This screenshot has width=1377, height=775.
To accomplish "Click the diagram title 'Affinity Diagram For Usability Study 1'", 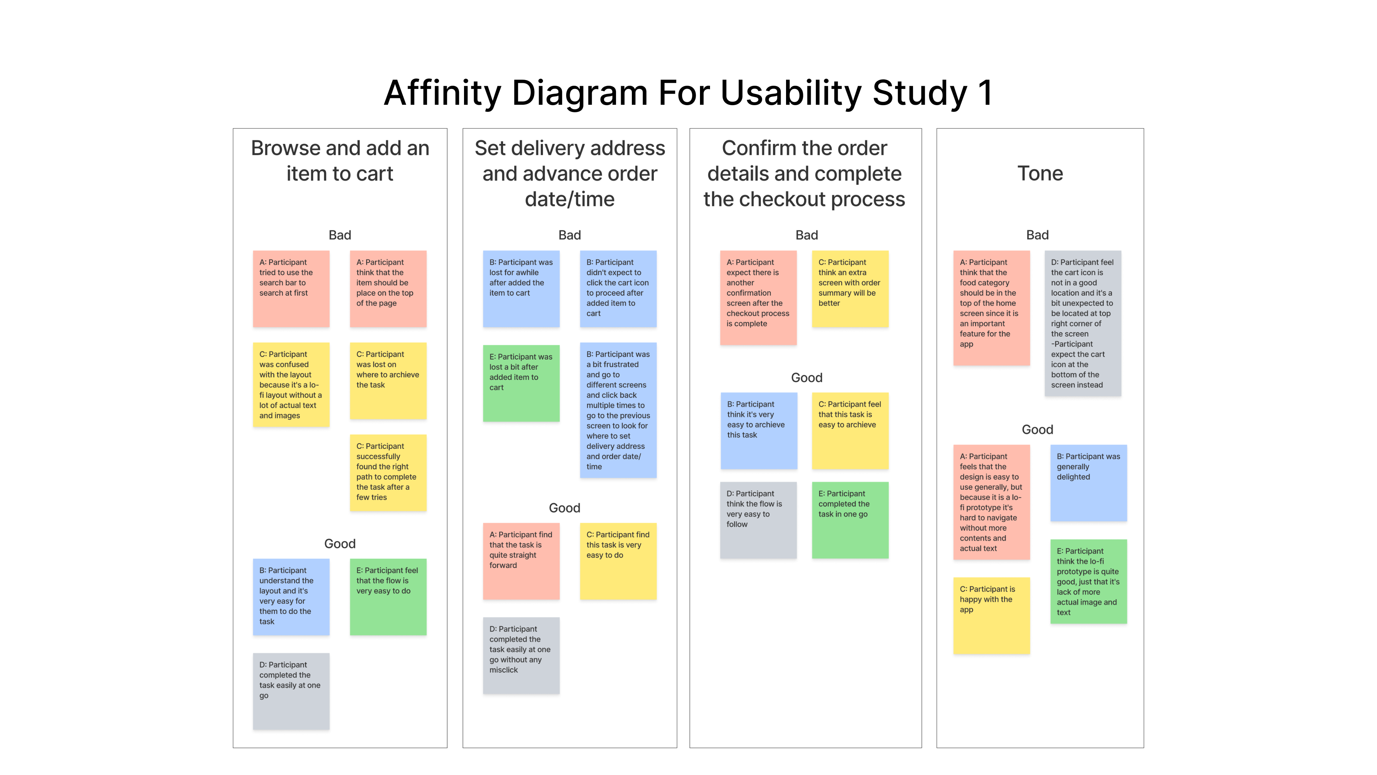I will [688, 93].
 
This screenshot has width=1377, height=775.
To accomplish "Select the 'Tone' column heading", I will [1040, 173].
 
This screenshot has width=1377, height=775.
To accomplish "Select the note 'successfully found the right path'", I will [388, 472].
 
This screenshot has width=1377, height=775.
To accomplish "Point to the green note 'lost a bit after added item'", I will [521, 383].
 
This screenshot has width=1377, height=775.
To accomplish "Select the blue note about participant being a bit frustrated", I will [618, 410].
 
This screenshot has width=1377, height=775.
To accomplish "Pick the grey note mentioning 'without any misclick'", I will [521, 655].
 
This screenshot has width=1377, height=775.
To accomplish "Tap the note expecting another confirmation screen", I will [758, 297].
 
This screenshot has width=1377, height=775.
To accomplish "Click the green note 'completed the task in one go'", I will [850, 520].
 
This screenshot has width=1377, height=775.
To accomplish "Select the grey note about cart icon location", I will [1083, 323].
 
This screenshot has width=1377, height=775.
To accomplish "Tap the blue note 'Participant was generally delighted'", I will [1088, 483].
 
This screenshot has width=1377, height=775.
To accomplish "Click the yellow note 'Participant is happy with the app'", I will [991, 615].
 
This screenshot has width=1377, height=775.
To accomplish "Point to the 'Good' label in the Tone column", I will [1037, 429].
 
